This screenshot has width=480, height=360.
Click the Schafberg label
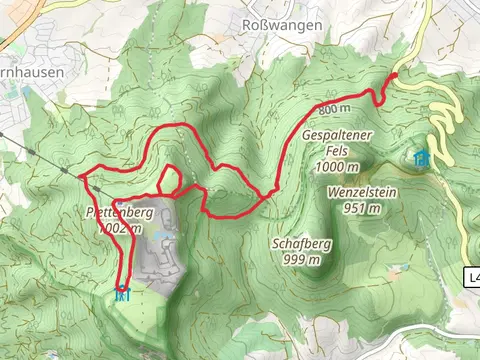[x=301, y=243]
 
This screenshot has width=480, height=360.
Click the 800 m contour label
[x=333, y=108]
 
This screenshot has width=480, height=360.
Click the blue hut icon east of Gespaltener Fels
[x=422, y=158]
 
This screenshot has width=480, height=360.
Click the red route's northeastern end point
[x=394, y=75]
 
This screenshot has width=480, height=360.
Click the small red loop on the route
[x=170, y=179]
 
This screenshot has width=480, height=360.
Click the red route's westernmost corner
[x=81, y=177]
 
